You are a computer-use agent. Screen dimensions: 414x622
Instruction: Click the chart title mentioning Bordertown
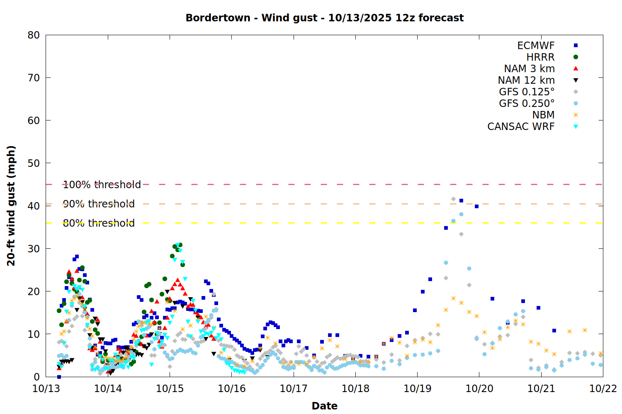click(324, 18)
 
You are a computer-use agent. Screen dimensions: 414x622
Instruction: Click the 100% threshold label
click(102, 185)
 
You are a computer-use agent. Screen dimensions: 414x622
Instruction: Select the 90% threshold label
click(99, 204)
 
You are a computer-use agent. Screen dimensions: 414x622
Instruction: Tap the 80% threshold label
click(99, 223)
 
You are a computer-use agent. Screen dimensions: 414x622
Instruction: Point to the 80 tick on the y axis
click(34, 35)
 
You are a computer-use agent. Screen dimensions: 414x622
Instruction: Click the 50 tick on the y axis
click(34, 163)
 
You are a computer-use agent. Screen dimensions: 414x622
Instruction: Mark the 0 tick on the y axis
click(36, 377)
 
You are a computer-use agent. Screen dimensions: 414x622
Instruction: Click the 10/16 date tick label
click(232, 389)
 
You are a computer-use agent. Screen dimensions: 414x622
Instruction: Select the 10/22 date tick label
click(603, 389)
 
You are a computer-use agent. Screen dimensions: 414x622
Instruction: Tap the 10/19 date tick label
click(417, 389)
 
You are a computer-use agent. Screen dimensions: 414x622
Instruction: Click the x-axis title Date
click(324, 406)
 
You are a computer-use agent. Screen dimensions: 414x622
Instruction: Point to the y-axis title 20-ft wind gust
click(11, 206)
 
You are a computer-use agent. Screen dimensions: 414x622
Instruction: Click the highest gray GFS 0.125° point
click(453, 199)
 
